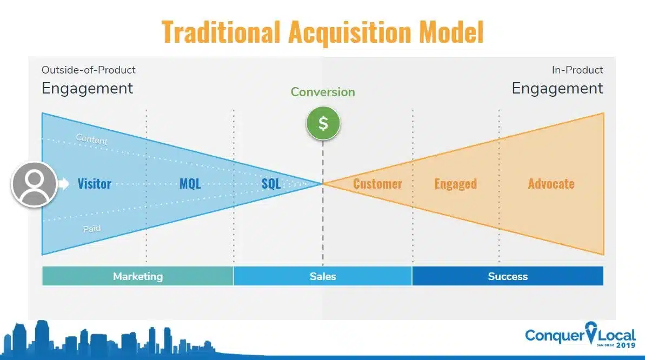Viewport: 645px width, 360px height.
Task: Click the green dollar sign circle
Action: pos(323,123)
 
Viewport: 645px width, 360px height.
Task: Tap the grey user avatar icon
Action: pos(35,184)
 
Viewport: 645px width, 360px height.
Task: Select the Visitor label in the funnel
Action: pos(94,184)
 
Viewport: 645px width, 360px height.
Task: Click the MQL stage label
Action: pos(190,184)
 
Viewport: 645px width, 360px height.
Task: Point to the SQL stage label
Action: pos(271,184)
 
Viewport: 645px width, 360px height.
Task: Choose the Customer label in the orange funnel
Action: pos(377,184)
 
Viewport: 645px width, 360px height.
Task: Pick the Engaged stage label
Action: pos(455,184)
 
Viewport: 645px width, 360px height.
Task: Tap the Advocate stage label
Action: pos(551,184)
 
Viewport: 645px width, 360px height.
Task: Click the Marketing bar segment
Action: pos(138,276)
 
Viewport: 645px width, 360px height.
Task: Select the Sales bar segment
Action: pos(323,276)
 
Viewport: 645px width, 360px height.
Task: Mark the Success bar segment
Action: pos(508,276)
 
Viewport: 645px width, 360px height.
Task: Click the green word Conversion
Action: pos(323,92)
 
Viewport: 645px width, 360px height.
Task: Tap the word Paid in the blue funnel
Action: pos(92,229)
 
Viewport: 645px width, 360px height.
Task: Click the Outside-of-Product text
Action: pos(89,70)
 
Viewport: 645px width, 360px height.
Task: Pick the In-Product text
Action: pos(577,70)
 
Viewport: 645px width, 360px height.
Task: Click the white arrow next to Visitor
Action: pos(64,184)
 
